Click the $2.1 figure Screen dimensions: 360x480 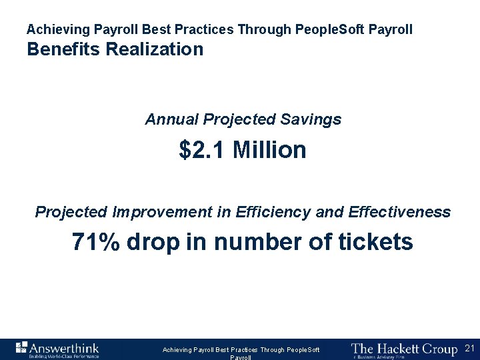(203, 150)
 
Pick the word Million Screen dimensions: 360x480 (269, 150)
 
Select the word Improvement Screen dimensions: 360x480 (164, 213)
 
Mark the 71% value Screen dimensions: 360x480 (96, 242)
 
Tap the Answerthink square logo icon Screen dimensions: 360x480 (21, 347)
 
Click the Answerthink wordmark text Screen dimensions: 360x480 (64, 347)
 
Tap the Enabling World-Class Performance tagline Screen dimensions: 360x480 (63, 357)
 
